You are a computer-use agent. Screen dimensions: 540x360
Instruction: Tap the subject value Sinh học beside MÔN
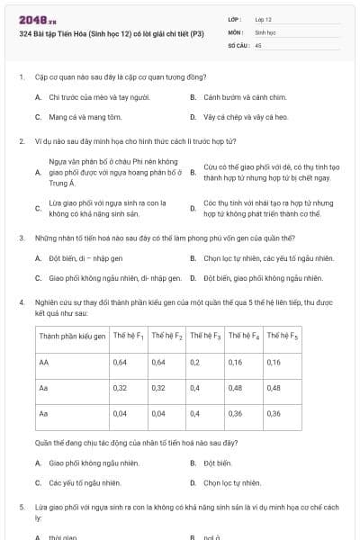point(265,31)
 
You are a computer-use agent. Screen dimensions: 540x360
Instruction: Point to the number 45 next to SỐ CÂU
point(258,44)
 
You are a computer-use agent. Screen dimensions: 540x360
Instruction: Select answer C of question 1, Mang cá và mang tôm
point(85,117)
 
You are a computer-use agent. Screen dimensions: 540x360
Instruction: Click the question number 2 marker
point(21,141)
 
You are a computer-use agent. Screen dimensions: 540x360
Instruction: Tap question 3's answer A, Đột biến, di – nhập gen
point(85,258)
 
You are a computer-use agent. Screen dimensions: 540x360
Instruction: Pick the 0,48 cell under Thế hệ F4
point(235,388)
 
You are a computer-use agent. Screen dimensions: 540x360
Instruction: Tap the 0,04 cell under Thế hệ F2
point(157,413)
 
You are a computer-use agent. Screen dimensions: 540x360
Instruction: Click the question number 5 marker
point(21,508)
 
